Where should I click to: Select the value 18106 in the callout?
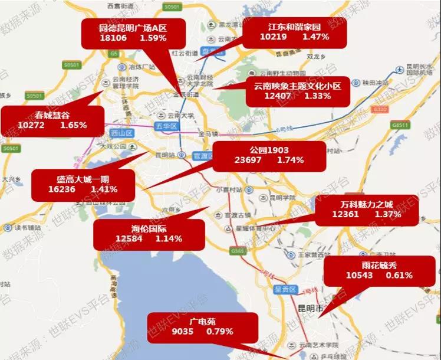tap(114, 38)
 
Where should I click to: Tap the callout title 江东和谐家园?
tap(285, 27)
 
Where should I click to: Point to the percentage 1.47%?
tap(315, 37)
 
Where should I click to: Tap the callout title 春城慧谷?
tap(45, 115)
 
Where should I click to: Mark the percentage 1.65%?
tap(74, 125)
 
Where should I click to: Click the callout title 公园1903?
tap(268, 149)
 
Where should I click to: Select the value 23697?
tap(248, 160)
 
